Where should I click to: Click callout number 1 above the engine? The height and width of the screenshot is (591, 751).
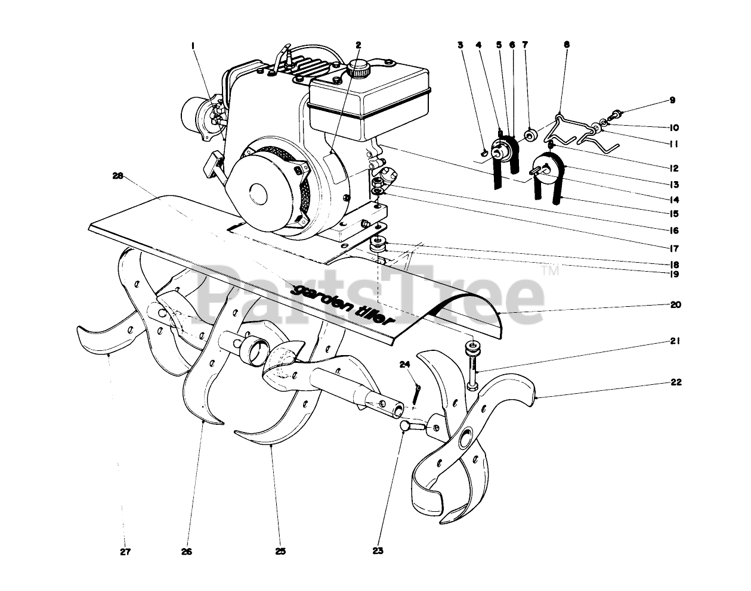click(x=193, y=45)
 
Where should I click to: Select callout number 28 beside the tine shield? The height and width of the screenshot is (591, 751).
click(x=118, y=176)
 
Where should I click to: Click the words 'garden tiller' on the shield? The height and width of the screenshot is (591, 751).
click(x=344, y=304)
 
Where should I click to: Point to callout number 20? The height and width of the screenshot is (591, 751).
click(x=675, y=305)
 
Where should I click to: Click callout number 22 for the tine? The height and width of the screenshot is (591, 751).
click(x=675, y=382)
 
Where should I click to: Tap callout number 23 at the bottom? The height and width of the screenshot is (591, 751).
click(x=377, y=551)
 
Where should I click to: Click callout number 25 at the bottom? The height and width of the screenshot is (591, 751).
click(x=280, y=551)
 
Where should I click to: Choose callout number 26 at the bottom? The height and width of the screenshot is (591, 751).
click(x=187, y=551)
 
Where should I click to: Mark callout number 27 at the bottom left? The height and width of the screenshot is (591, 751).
click(x=125, y=551)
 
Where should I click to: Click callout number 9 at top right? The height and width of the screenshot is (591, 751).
click(x=672, y=101)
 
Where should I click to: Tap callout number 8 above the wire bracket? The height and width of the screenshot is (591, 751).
click(x=567, y=44)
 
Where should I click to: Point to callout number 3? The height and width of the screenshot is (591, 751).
click(x=461, y=44)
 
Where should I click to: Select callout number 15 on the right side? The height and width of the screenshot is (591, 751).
click(x=675, y=213)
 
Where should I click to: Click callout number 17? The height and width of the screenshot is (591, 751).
click(x=675, y=248)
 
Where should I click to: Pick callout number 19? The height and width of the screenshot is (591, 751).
click(x=675, y=275)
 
